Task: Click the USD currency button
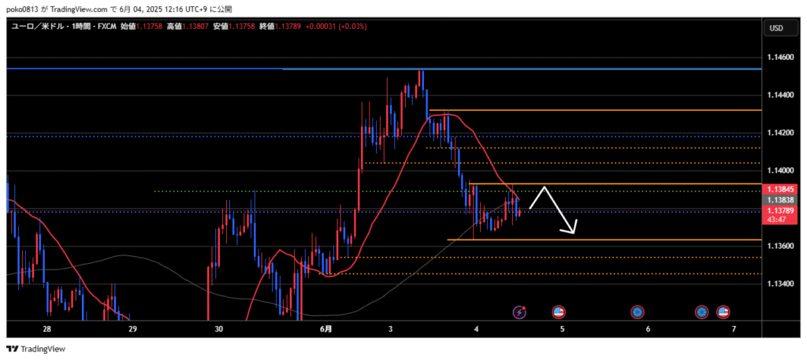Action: pyautogui.click(x=775, y=28)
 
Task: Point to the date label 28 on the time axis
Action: pyautogui.click(x=46, y=328)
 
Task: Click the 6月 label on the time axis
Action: pyautogui.click(x=326, y=328)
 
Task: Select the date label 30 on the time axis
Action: pyautogui.click(x=218, y=328)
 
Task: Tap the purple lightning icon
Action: pyautogui.click(x=519, y=312)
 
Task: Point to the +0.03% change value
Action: pyautogui.click(x=351, y=27)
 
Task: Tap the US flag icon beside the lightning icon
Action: pyautogui.click(x=559, y=312)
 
